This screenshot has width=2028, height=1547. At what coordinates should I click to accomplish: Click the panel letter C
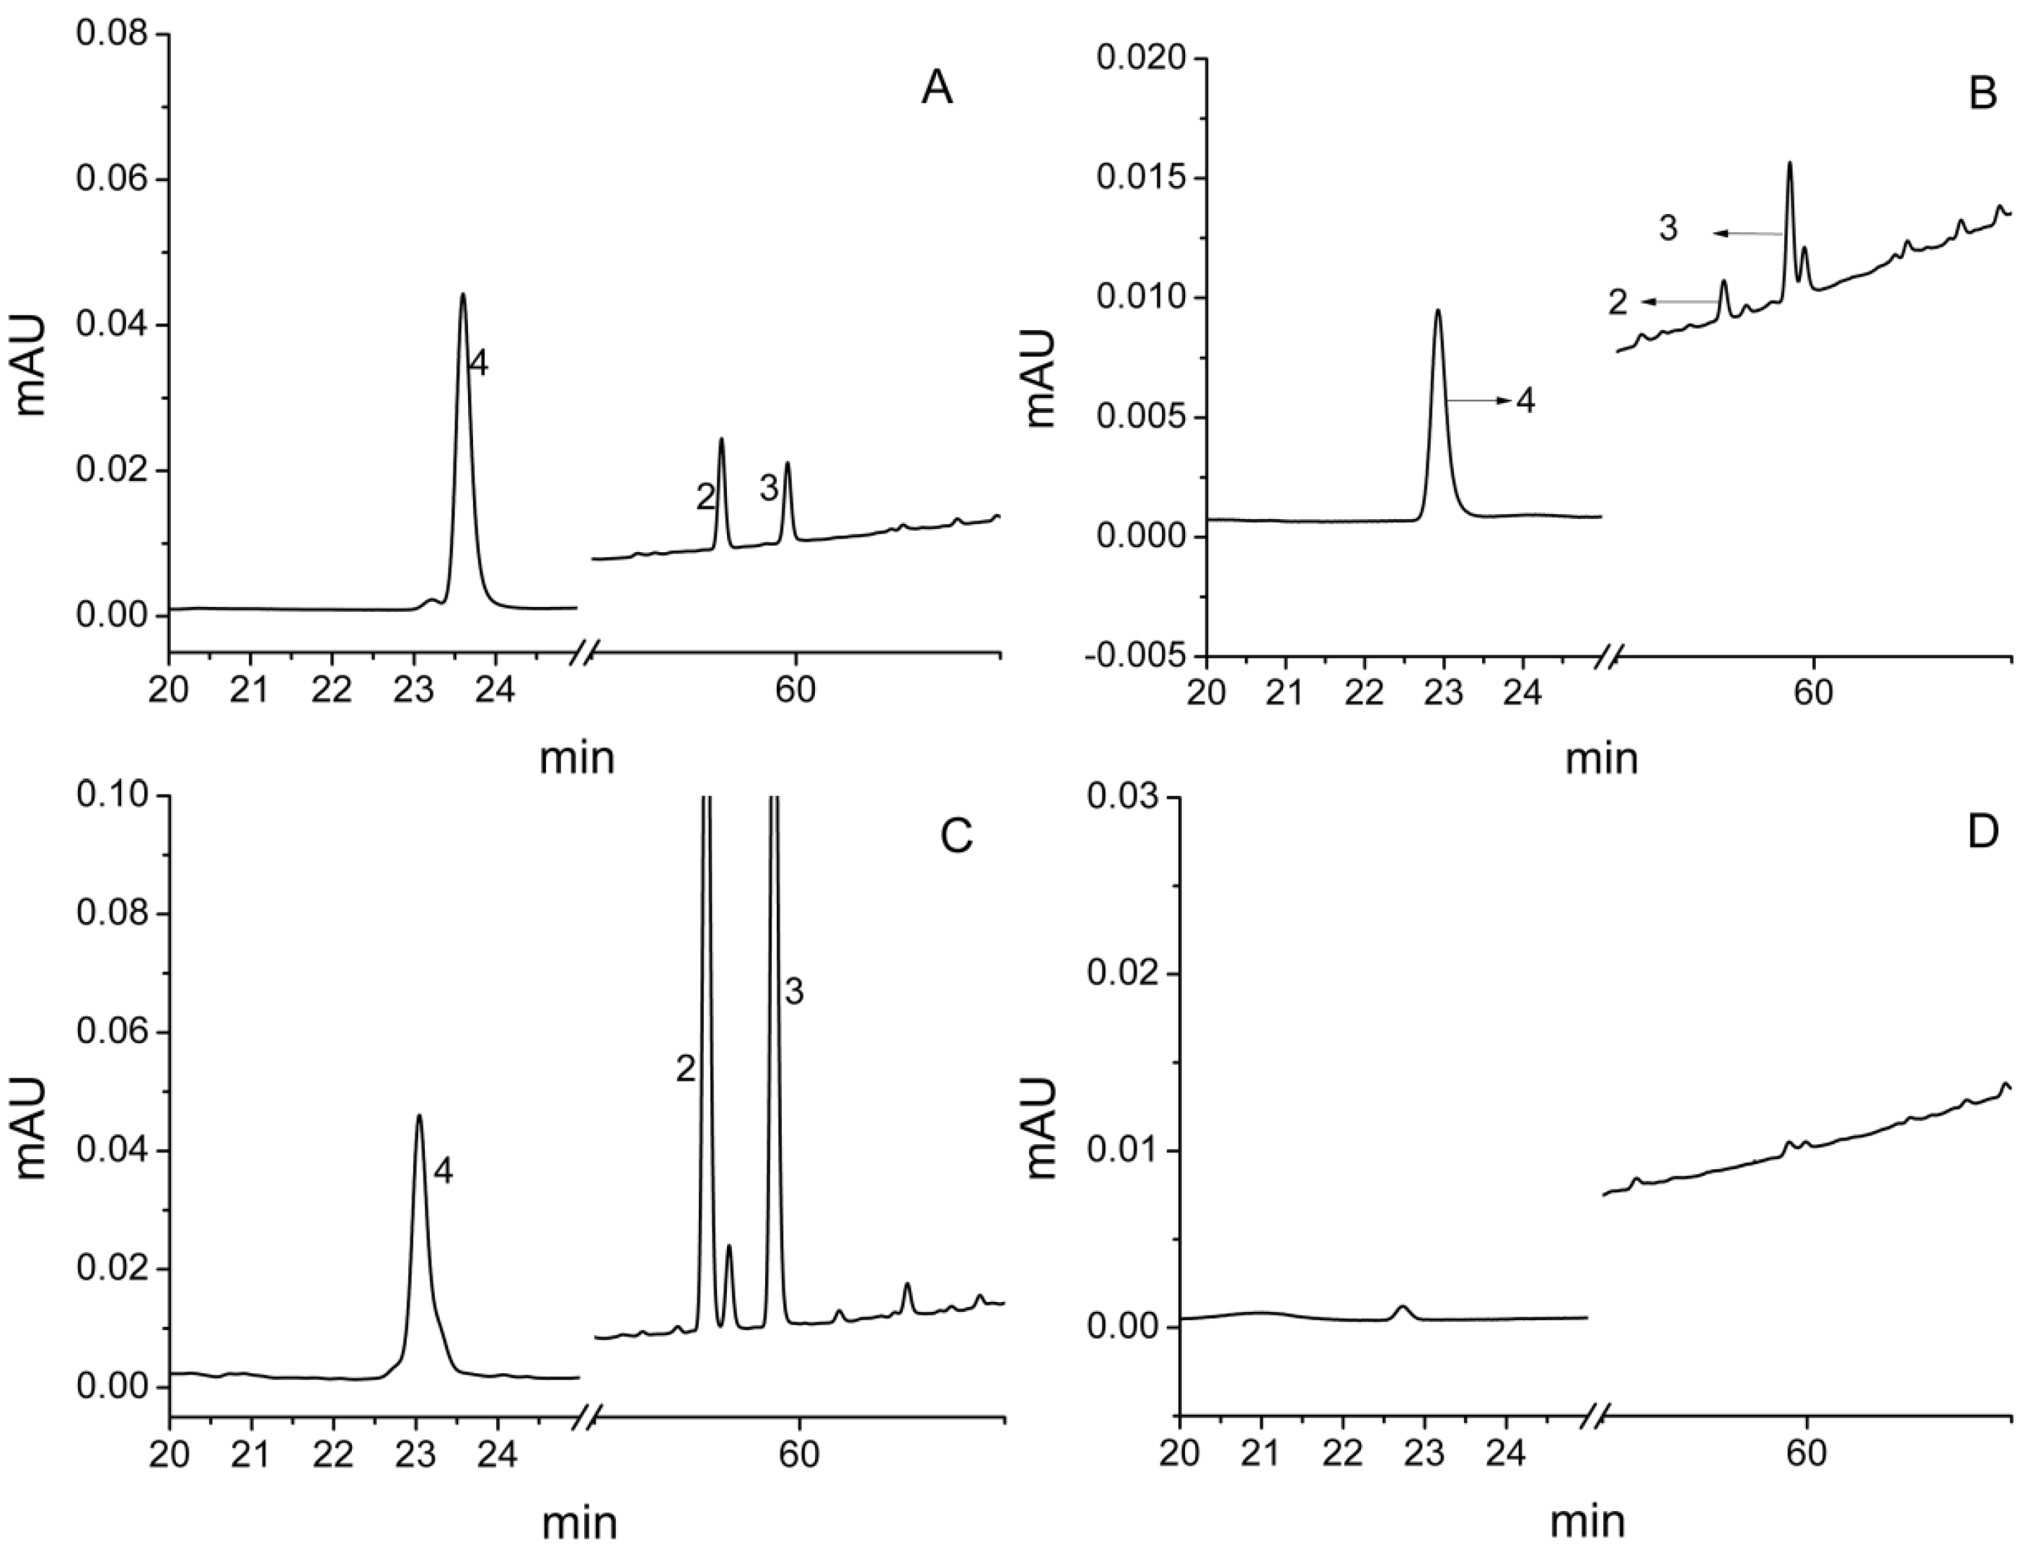click(957, 836)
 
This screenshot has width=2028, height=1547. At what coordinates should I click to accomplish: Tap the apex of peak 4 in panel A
click(462, 295)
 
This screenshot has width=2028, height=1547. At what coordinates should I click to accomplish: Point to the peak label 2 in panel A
click(705, 498)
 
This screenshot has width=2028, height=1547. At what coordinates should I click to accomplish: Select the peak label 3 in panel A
click(768, 489)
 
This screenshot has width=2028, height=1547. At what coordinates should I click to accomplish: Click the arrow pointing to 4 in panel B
click(1478, 401)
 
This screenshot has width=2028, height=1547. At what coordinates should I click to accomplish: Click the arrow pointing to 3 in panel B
click(1748, 234)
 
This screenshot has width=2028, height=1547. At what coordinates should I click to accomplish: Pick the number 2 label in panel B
click(1618, 302)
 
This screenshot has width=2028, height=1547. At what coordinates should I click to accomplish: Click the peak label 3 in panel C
click(794, 992)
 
